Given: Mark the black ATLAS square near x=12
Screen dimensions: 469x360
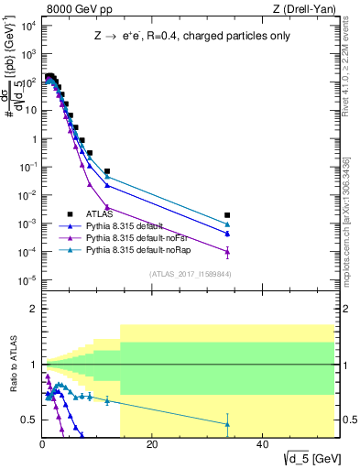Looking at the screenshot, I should coord(107,171).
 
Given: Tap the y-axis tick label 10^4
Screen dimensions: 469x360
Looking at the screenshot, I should coord(28,26).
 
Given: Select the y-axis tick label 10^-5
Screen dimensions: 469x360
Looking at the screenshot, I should coord(27,280).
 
